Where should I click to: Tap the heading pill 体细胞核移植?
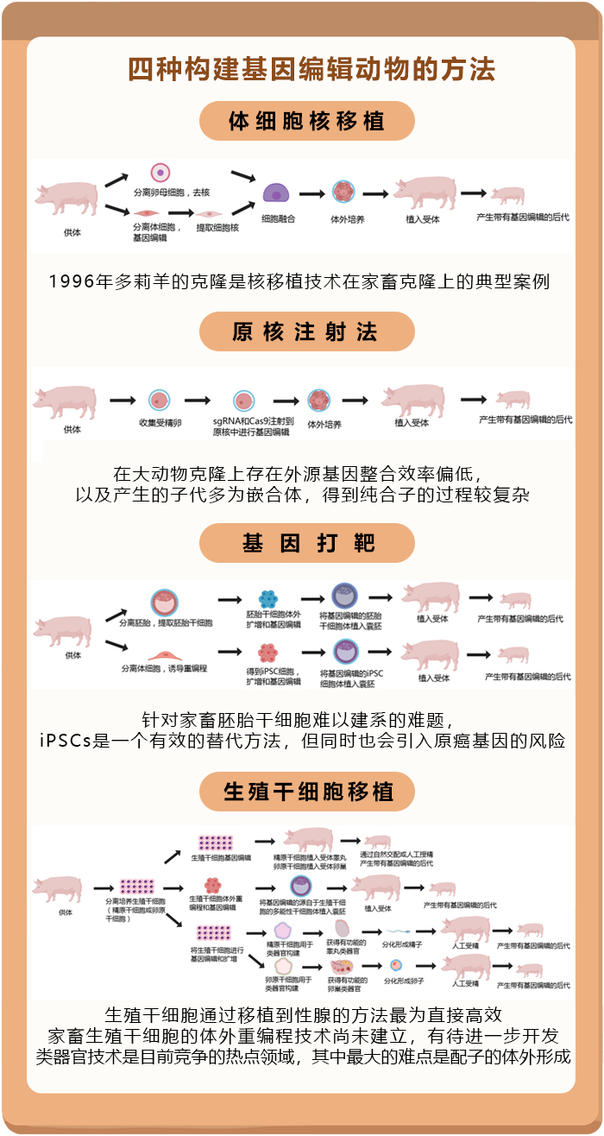(x=307, y=121)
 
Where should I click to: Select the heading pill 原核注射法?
(x=307, y=332)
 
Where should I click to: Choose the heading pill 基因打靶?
(x=307, y=544)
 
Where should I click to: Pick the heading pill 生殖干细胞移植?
(x=307, y=791)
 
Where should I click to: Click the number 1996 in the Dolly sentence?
(x=72, y=281)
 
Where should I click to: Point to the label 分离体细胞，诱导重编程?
(x=164, y=668)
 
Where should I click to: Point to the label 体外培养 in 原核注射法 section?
(x=324, y=425)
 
